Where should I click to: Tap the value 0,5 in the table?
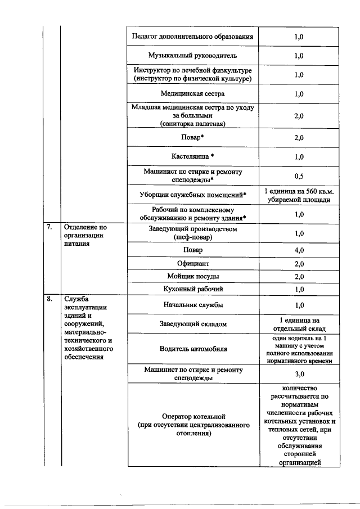[x=299, y=175]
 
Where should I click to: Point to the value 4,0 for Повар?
[x=299, y=250]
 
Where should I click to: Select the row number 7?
[x=49, y=228]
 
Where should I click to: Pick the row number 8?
[x=49, y=299]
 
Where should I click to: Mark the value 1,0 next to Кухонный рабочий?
[x=299, y=289]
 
